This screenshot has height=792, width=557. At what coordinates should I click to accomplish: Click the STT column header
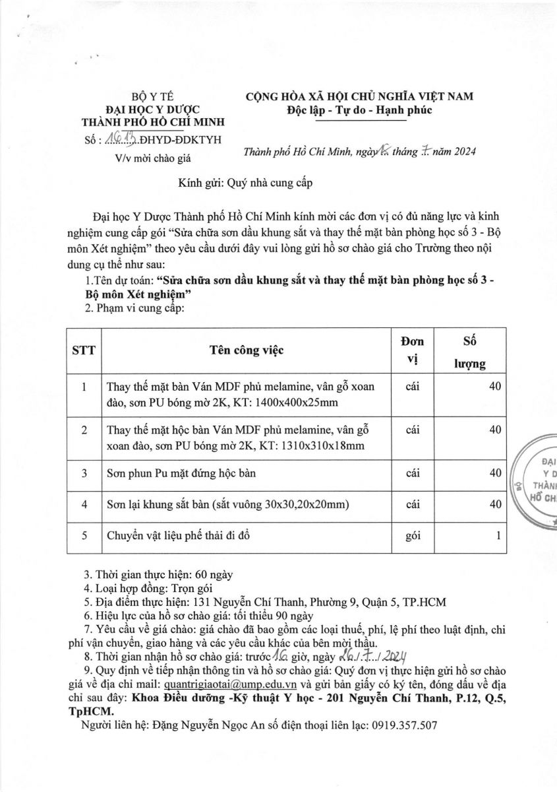tap(84, 350)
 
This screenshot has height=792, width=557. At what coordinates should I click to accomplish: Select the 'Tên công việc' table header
tap(247, 350)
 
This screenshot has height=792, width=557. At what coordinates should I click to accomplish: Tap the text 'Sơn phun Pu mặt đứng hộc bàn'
tap(181, 474)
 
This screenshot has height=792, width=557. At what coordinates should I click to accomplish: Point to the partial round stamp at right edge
tap(535, 484)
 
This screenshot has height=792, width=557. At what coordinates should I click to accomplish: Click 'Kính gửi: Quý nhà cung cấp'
tap(245, 183)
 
